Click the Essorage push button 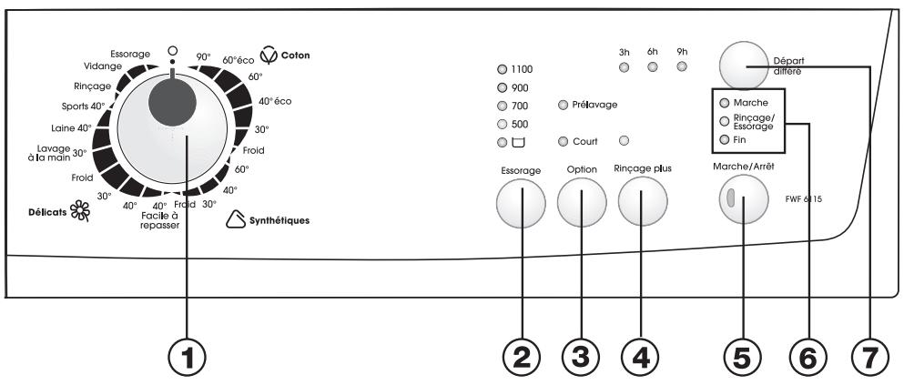(521, 204)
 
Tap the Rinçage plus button (643, 201)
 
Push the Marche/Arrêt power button (744, 198)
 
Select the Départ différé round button (744, 66)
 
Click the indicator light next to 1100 (502, 70)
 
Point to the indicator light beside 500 (502, 124)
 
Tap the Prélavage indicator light (563, 105)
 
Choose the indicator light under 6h (653, 66)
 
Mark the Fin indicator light (724, 139)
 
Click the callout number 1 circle (187, 360)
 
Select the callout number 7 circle (869, 360)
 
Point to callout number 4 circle (641, 360)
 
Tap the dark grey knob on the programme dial (172, 103)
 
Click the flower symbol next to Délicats (79, 211)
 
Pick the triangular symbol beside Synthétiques (235, 219)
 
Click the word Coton (295, 56)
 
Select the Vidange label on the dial (103, 66)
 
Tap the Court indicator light (563, 142)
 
